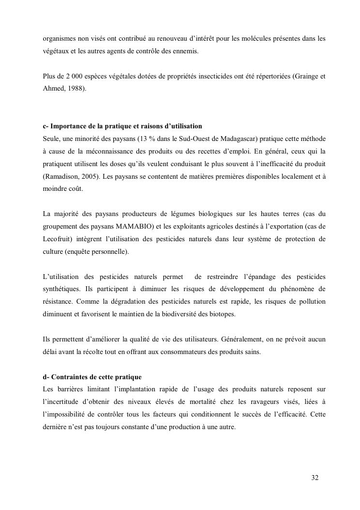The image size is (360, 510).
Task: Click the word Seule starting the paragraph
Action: pos(51,139)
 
